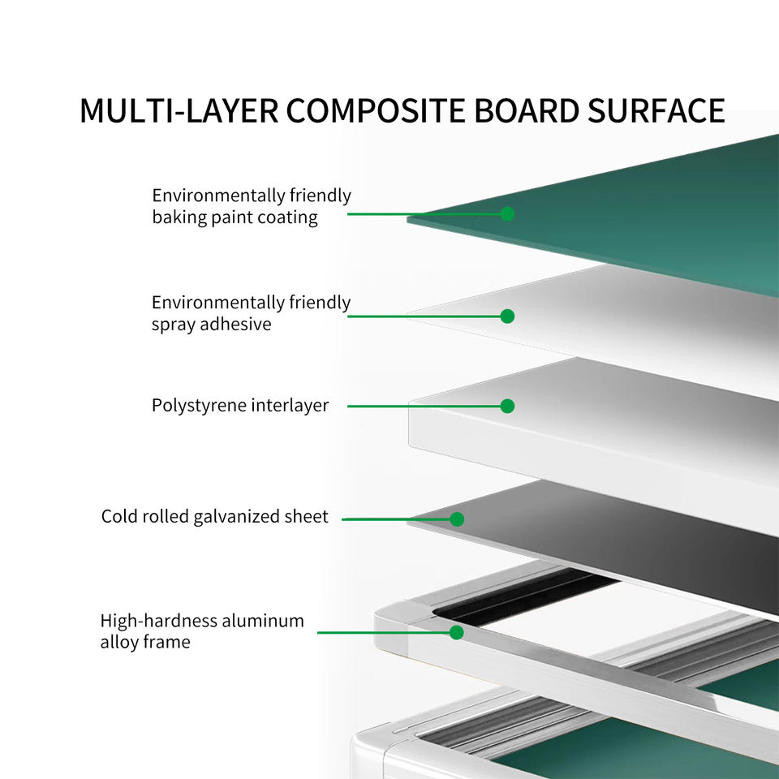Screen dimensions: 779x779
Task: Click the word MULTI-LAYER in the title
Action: [179, 110]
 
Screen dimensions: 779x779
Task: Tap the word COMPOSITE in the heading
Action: [376, 110]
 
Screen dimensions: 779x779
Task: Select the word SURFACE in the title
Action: [656, 110]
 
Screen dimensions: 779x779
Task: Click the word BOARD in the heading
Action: [527, 110]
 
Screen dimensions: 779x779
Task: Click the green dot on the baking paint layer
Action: [507, 213]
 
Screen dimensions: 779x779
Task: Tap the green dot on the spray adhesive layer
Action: [507, 316]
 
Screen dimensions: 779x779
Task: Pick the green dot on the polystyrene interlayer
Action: [507, 406]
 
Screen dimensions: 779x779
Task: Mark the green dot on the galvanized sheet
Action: [457, 519]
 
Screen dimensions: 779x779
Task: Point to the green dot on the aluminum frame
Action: [457, 632]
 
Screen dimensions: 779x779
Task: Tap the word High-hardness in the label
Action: [158, 621]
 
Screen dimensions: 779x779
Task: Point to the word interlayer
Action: [290, 406]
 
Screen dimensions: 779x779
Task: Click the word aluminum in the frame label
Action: [263, 621]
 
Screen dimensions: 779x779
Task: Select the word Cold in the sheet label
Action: [119, 516]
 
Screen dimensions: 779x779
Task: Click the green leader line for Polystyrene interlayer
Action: [428, 406]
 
